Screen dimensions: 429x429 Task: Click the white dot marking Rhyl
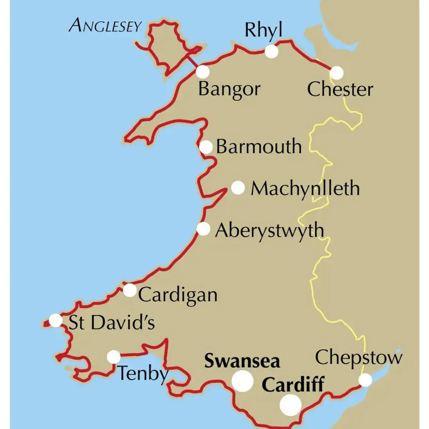(x=271, y=52)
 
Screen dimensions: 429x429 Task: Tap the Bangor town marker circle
(x=202, y=72)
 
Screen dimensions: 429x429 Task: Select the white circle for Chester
(x=337, y=73)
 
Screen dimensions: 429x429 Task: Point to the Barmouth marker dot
(x=206, y=147)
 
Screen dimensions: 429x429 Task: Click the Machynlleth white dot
(x=238, y=188)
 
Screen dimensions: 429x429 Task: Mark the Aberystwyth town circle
(x=203, y=229)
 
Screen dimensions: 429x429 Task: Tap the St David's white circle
(x=55, y=320)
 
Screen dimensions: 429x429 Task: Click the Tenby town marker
(x=114, y=357)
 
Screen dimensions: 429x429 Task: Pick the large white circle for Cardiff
(x=291, y=405)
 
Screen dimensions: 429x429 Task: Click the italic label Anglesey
(x=105, y=25)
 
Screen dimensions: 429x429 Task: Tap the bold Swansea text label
(x=242, y=361)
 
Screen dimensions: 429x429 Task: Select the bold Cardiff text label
(x=293, y=384)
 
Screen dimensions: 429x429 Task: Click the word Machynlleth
(x=305, y=188)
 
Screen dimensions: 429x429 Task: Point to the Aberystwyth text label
(x=269, y=231)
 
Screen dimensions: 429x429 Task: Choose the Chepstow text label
(x=358, y=358)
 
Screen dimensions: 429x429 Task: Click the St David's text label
(x=112, y=322)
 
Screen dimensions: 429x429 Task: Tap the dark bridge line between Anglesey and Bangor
(x=192, y=61)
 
